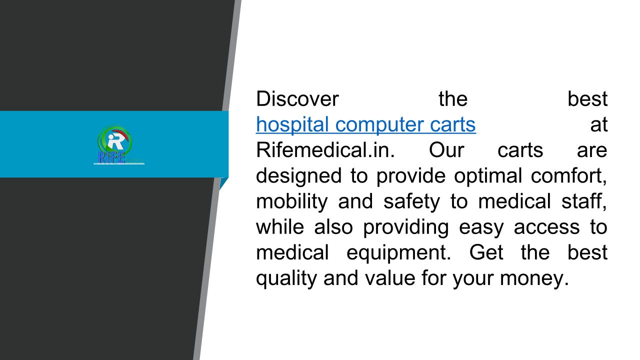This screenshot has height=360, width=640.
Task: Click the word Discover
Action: (x=297, y=99)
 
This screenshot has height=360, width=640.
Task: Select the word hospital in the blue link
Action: (x=292, y=125)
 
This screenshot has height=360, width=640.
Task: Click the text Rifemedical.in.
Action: (x=325, y=149)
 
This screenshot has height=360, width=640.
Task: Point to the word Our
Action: (x=446, y=150)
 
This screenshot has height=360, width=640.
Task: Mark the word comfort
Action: (x=569, y=176)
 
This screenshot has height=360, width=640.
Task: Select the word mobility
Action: (x=292, y=201)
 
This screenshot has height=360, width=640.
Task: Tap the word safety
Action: (x=411, y=201)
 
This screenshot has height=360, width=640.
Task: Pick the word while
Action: (x=280, y=227)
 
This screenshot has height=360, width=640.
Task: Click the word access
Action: (x=546, y=227)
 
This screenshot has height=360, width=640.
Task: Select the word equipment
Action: (x=398, y=253)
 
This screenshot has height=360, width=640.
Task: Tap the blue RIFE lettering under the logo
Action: (x=111, y=157)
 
